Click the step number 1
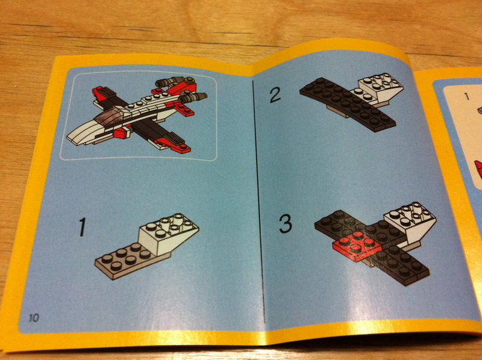tap(83, 227)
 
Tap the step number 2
tap(275, 95)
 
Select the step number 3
tap(285, 223)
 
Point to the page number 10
tap(34, 318)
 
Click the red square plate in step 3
tap(357, 246)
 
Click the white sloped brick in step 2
tap(381, 89)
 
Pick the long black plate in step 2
tap(347, 104)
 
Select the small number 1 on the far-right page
tap(467, 96)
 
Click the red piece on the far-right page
tap(478, 169)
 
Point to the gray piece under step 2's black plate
tap(339, 112)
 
